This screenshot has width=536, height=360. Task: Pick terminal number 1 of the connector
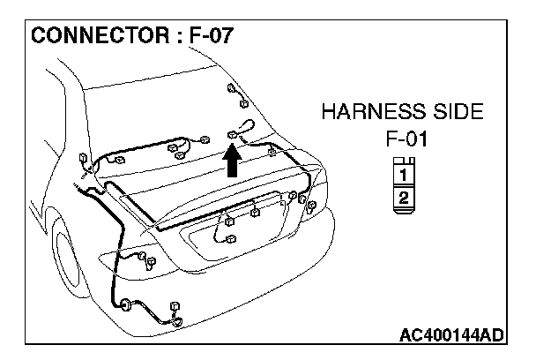[x=402, y=174]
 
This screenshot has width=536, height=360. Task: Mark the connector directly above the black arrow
[x=233, y=134]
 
